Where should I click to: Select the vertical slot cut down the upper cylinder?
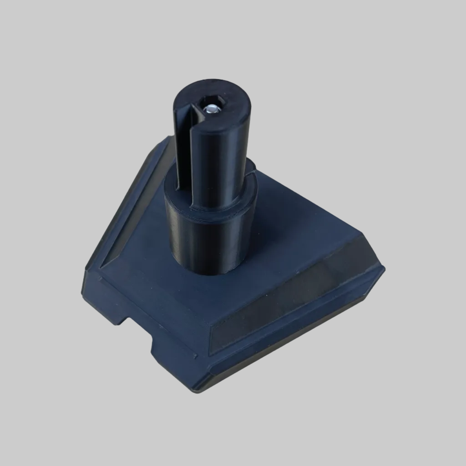[x=184, y=145]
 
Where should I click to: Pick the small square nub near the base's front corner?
[x=195, y=357]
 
